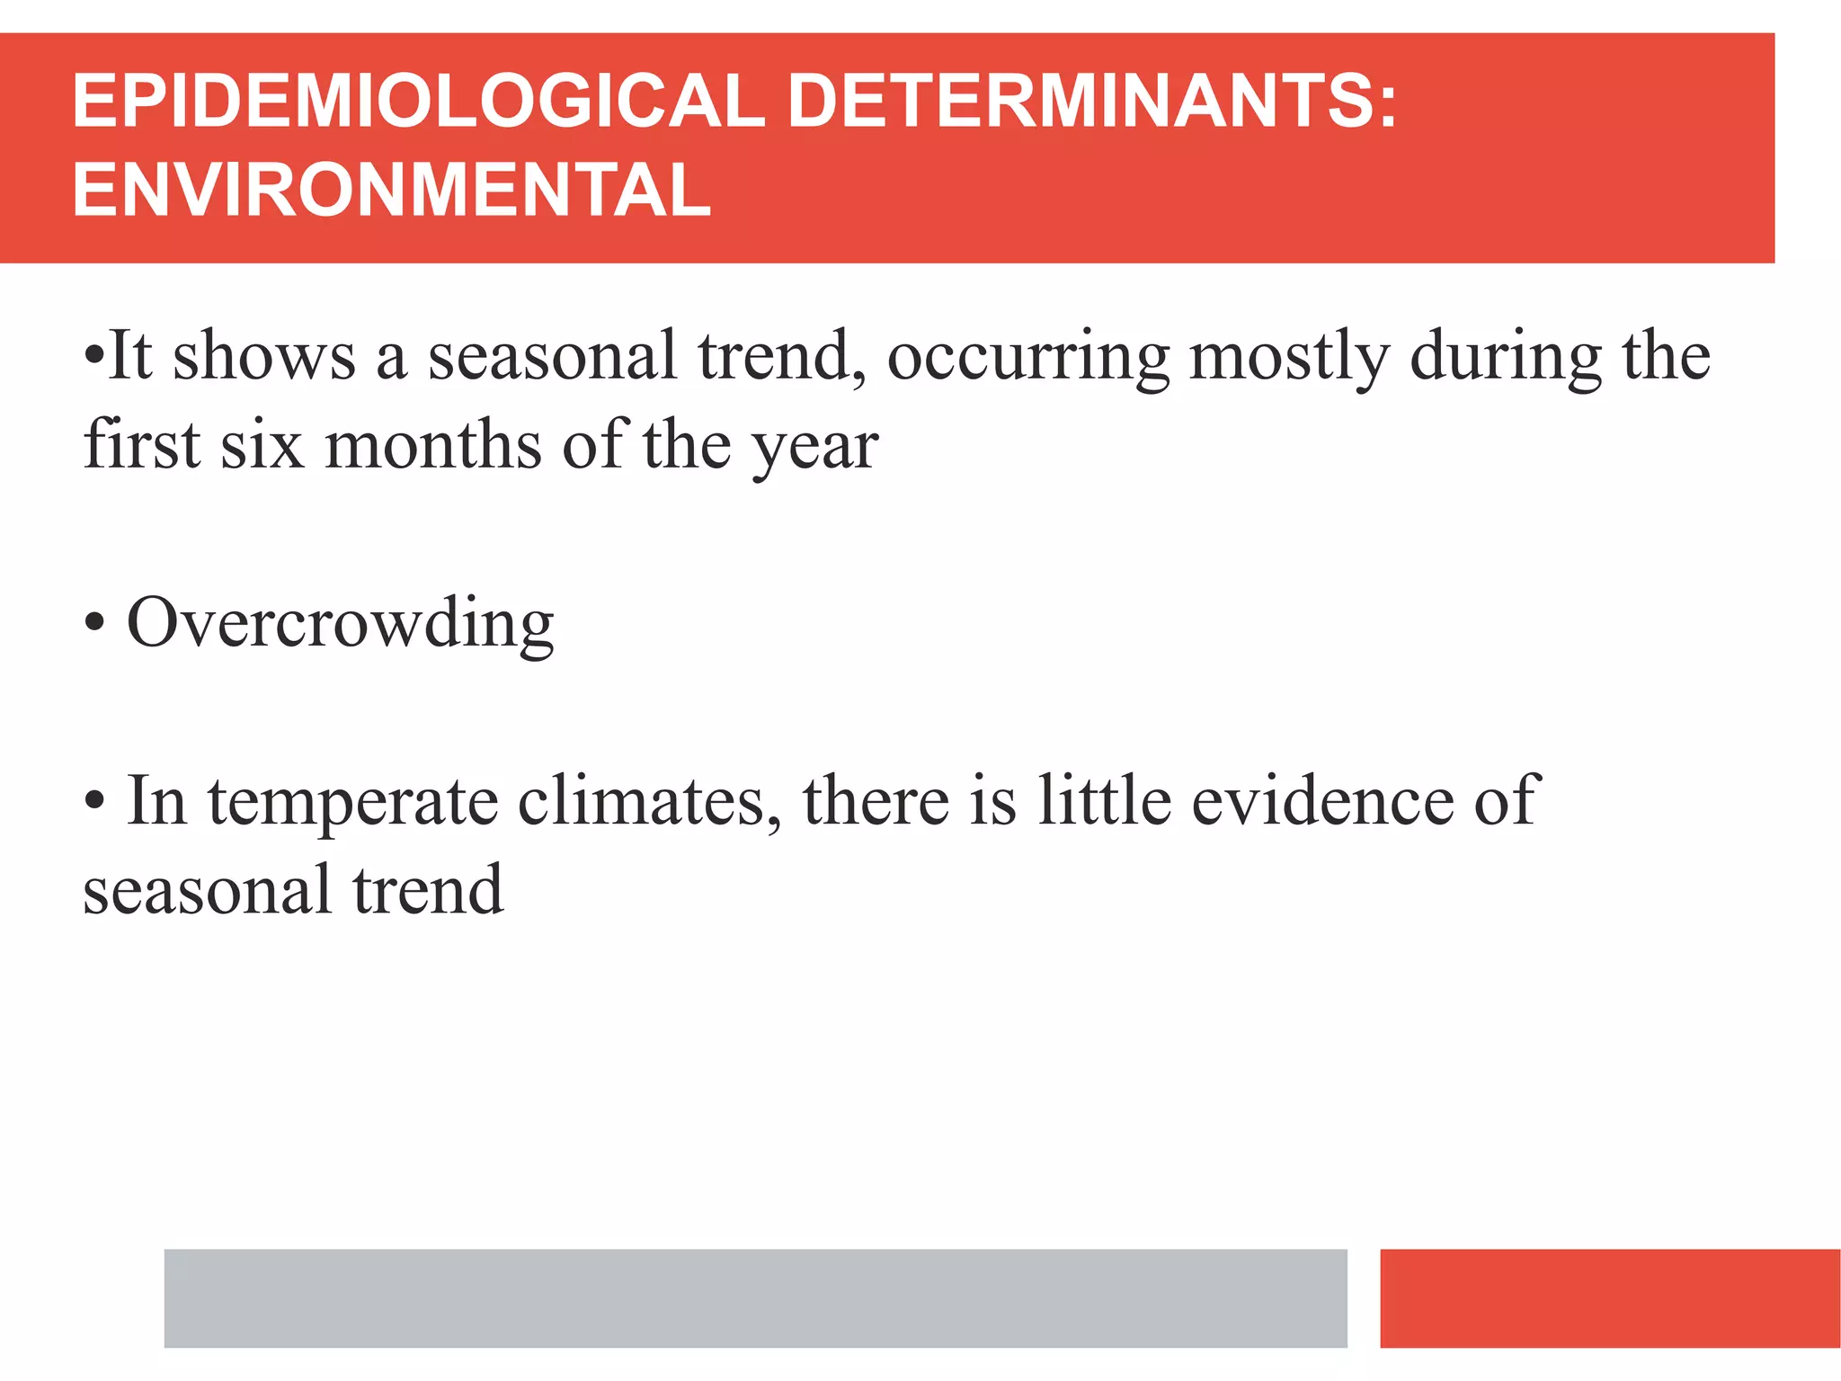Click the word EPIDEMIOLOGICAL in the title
418,101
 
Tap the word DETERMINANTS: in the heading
1091,101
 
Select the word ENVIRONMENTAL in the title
391,190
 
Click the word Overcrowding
340,623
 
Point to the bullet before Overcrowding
94,622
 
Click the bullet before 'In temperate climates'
94,801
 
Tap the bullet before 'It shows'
93,354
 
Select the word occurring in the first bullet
1028,357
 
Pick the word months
433,445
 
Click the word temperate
352,801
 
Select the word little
1104,801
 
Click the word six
262,445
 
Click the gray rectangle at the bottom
755,1297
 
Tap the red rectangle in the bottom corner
1609,1297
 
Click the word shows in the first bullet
264,356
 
